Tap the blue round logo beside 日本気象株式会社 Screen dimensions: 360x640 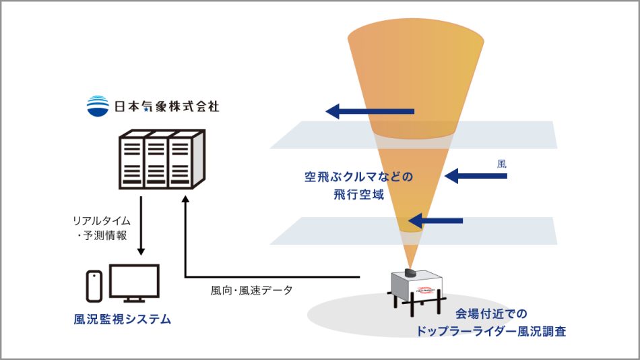tap(98, 105)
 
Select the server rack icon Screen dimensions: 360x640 tap(156, 160)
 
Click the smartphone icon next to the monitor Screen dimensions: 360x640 tap(94, 286)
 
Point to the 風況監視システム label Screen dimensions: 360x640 tap(122, 320)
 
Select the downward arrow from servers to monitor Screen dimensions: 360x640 tap(140, 227)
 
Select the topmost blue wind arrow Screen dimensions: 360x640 tap(370, 111)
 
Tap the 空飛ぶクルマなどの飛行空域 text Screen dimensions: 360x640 tap(358, 184)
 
